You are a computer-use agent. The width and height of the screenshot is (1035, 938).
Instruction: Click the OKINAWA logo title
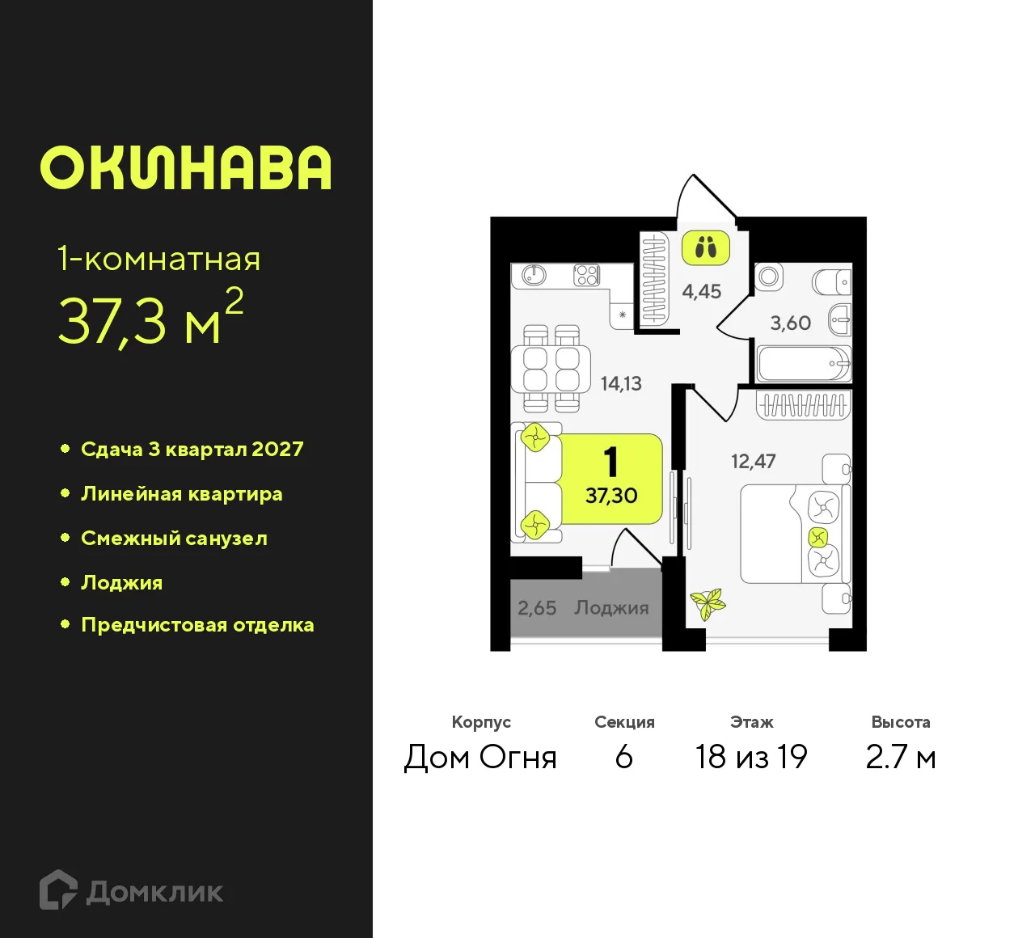tap(186, 168)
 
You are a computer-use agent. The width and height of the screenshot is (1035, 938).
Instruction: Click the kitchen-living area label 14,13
tap(621, 383)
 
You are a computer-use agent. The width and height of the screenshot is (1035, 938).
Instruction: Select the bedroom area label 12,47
tap(753, 462)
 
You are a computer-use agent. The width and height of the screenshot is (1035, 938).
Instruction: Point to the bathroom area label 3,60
tap(790, 323)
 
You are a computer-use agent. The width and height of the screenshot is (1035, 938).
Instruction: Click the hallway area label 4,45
tap(701, 291)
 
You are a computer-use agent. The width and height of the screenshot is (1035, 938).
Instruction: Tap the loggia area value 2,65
tap(537, 608)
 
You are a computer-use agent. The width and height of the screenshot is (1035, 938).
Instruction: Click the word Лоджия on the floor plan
tap(611, 608)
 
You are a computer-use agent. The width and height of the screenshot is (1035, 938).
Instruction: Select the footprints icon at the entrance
tap(705, 248)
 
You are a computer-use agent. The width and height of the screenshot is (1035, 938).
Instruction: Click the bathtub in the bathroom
tap(803, 364)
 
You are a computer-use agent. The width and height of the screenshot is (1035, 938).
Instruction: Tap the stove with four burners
tap(586, 275)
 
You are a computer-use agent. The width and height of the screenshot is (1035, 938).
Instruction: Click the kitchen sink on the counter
tap(534, 275)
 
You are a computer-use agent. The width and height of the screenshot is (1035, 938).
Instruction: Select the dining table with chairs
tap(551, 369)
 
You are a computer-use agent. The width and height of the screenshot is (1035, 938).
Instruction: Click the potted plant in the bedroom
tap(708, 603)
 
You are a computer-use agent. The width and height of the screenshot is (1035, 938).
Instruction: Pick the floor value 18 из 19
tap(751, 757)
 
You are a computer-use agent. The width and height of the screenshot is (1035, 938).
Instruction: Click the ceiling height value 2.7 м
tap(900, 757)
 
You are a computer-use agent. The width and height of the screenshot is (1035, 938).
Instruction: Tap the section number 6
tap(623, 757)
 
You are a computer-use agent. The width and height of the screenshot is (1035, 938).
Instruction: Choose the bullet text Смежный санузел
tap(174, 539)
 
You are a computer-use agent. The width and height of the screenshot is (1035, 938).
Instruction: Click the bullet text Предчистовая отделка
tap(197, 625)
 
